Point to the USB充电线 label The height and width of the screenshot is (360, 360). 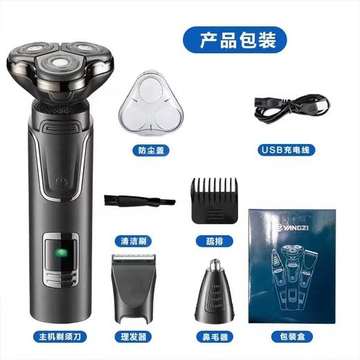coord(285,149)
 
